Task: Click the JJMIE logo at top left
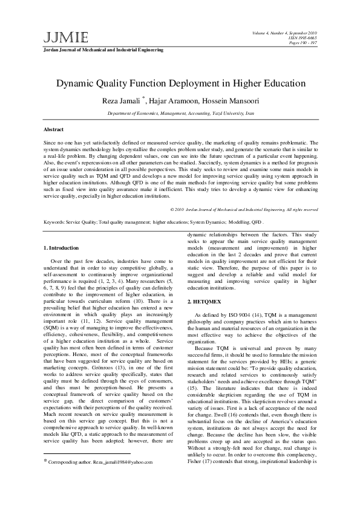(x=57, y=37)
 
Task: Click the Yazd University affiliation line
(x=180, y=113)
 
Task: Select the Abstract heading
(x=54, y=130)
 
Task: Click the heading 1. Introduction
(x=62, y=248)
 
